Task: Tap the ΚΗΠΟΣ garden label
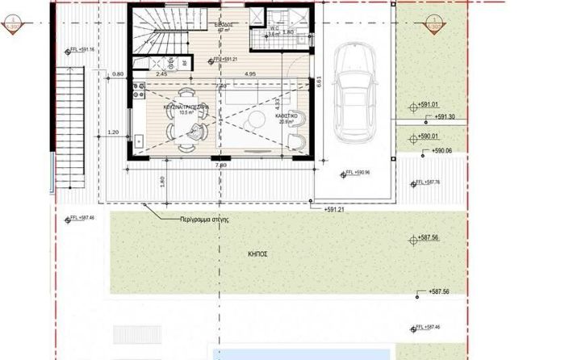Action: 259,254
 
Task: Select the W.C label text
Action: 274,27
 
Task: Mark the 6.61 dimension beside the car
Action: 320,81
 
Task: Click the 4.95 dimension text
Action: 249,74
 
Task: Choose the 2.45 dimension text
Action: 161,74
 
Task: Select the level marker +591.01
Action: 428,105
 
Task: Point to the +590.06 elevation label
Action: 441,151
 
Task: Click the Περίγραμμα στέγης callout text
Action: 206,219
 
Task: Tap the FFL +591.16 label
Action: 82,50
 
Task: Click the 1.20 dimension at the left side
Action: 113,132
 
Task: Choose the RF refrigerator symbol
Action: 185,62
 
